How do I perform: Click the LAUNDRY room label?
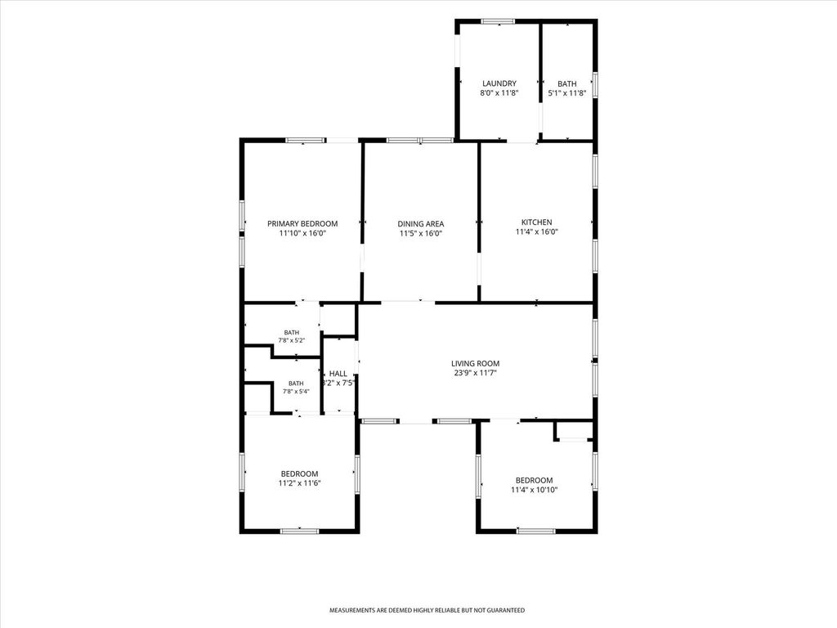click(499, 83)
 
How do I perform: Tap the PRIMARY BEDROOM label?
click(302, 224)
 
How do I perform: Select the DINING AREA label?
click(421, 224)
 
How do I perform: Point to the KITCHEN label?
click(536, 222)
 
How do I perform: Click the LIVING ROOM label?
click(475, 364)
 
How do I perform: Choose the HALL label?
click(338, 374)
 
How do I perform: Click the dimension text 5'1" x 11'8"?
click(567, 93)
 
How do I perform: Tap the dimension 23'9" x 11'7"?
click(475, 373)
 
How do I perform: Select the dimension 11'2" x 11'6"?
click(299, 483)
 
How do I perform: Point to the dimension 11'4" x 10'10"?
click(535, 490)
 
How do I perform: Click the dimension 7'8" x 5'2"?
click(292, 340)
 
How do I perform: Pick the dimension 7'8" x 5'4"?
click(296, 392)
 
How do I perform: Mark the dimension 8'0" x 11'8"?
click(499, 93)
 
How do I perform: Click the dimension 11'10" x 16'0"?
click(302, 233)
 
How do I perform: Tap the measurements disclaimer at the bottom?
click(427, 610)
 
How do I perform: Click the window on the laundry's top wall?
click(498, 21)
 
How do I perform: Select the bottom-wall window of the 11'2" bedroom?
click(299, 531)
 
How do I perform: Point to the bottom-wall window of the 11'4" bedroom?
click(536, 531)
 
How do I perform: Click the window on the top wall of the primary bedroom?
click(305, 141)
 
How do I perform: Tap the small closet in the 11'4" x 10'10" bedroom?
click(574, 431)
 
